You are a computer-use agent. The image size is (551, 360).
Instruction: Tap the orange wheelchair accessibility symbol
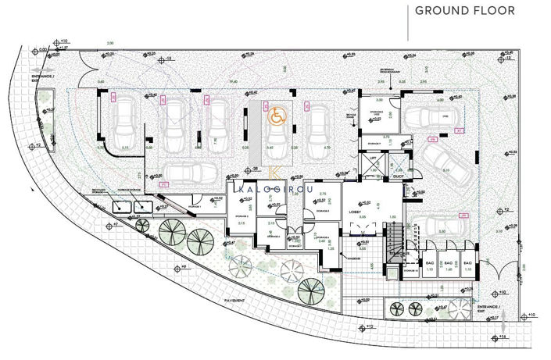[276, 116]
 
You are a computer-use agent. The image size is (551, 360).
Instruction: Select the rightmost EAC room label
[467, 264]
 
